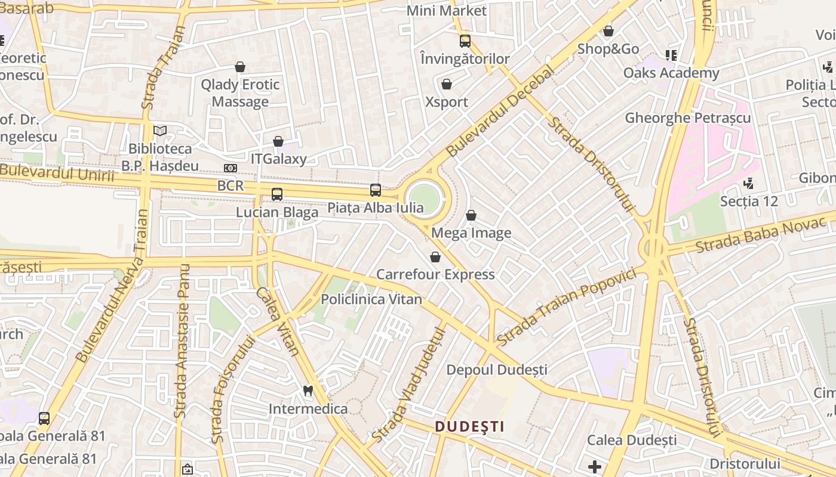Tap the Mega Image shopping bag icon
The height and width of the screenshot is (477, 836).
[x=471, y=215]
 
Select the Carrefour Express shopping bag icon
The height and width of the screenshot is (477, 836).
[x=435, y=257]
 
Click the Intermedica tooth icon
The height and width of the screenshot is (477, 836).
[x=308, y=391]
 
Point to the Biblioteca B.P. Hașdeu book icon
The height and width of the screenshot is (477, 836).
[x=160, y=131]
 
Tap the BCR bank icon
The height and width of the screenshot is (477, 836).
[x=230, y=168]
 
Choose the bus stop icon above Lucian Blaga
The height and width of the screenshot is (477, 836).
[x=277, y=194]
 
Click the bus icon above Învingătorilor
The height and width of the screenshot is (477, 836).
[x=465, y=41]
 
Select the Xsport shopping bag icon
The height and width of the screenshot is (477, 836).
[x=447, y=84]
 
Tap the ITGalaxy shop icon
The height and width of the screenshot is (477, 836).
[x=278, y=141]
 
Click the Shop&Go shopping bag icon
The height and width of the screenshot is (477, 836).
[x=608, y=31]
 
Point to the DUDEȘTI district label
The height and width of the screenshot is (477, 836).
[x=469, y=426]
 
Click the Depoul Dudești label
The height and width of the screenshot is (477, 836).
[x=497, y=370]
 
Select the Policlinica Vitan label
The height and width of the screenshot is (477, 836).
[x=371, y=299]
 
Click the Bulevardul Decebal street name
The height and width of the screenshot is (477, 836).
[x=500, y=112]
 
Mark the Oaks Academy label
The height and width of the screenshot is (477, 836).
[x=671, y=73]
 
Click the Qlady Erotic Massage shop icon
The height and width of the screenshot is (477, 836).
[x=240, y=67]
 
